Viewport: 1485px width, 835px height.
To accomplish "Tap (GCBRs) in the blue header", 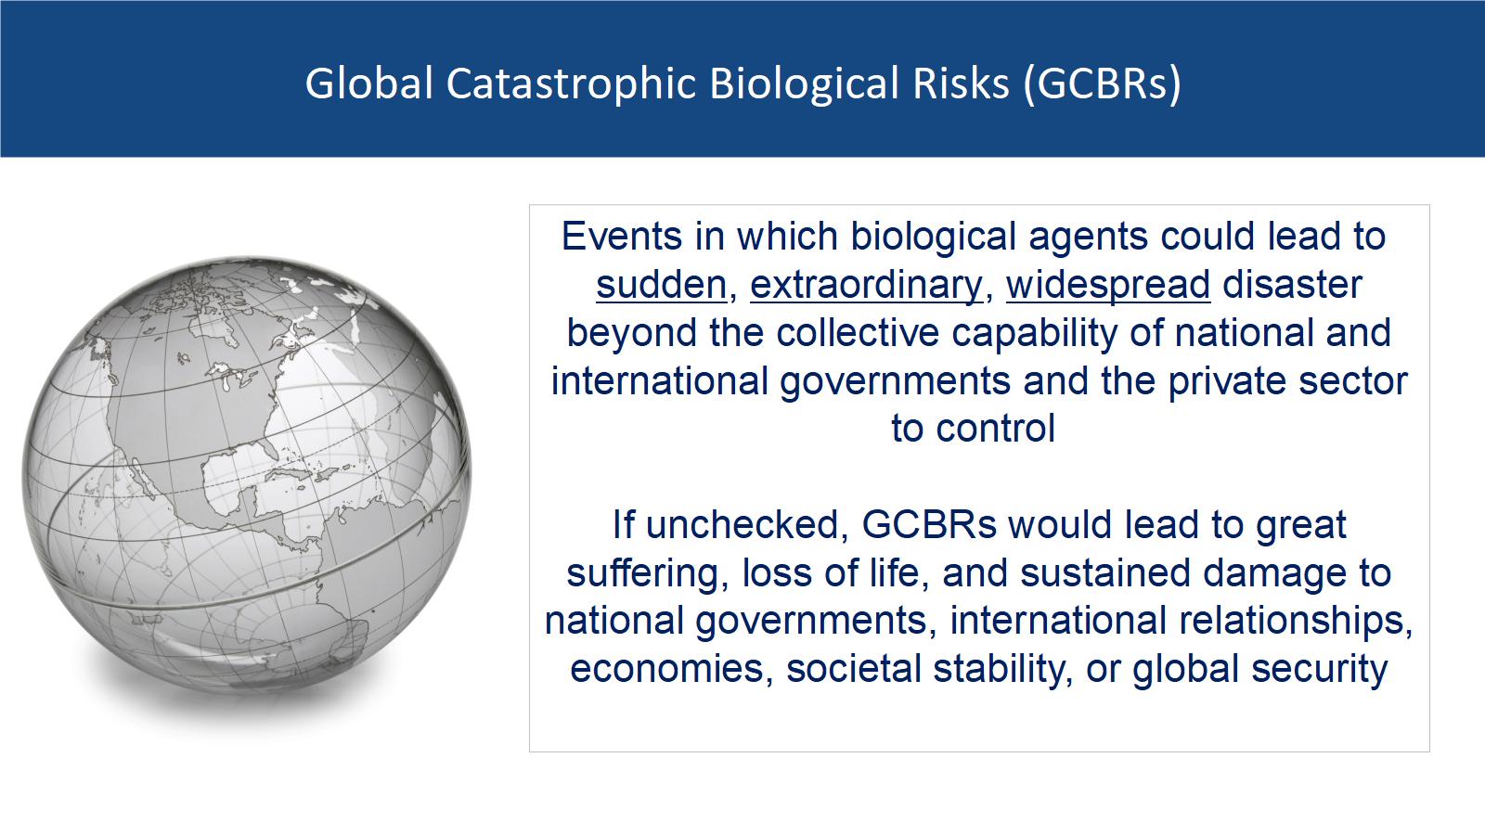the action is click(x=1102, y=83).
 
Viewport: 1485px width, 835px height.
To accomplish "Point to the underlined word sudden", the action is click(x=662, y=285).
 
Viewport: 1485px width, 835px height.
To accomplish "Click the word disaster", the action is click(x=1292, y=285).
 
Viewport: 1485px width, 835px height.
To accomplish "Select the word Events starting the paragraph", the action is click(x=621, y=236).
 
